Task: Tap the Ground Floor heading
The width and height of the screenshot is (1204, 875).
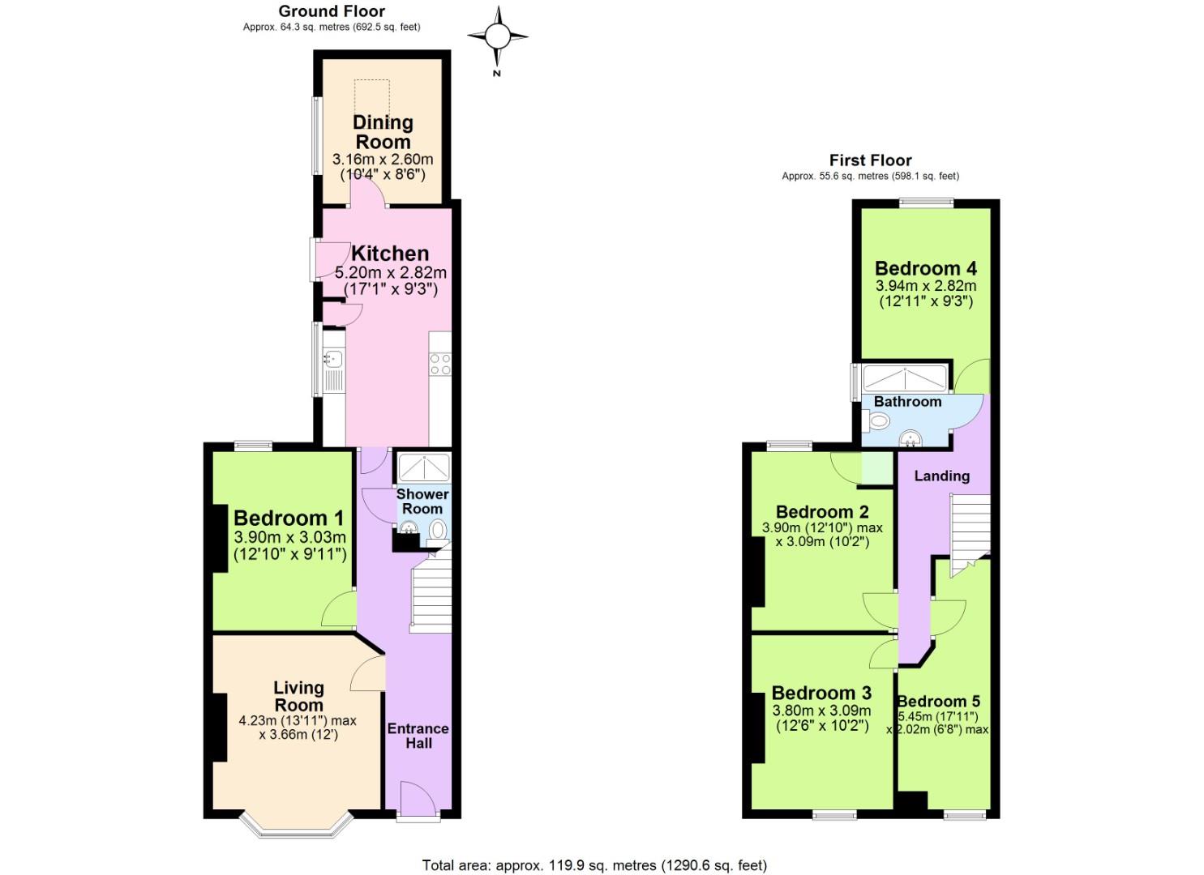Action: point(332,11)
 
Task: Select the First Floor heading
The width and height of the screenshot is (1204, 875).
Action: point(870,160)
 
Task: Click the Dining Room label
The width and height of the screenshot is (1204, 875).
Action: point(383,132)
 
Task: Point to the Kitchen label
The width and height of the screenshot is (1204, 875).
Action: point(390,253)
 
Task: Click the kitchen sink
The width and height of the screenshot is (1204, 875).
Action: point(334,358)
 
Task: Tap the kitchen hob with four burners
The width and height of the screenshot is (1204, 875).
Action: point(440,365)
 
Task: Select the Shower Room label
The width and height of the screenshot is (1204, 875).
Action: point(422,501)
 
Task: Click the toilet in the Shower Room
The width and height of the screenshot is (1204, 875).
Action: point(438,531)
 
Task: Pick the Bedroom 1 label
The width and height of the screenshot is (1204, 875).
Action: point(289,518)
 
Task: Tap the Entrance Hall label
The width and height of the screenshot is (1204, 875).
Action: point(418,735)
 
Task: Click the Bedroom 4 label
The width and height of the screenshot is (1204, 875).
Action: point(925,268)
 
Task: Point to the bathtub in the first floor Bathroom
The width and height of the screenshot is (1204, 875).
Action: point(903,378)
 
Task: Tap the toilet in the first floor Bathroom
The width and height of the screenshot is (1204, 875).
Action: point(876,420)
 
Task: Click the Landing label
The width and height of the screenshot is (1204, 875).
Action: point(941,476)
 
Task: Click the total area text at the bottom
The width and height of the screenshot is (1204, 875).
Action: point(594,865)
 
